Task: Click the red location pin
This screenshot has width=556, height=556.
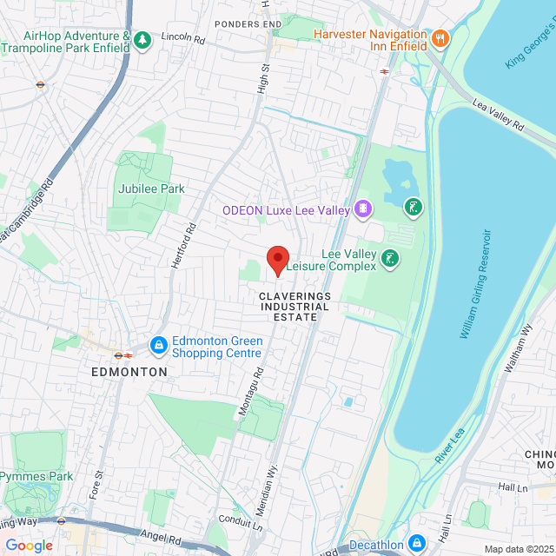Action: (277, 260)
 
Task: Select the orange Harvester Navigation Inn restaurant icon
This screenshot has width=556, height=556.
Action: (440, 38)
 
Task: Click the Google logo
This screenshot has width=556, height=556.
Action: (29, 545)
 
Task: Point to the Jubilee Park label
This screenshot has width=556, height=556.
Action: (153, 189)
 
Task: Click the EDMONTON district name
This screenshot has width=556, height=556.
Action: (129, 371)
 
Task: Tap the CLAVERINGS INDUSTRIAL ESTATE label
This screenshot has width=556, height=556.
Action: (295, 307)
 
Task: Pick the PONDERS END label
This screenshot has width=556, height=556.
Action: (249, 23)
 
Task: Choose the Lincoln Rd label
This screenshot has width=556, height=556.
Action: (182, 40)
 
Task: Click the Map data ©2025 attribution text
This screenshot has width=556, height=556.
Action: (518, 548)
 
